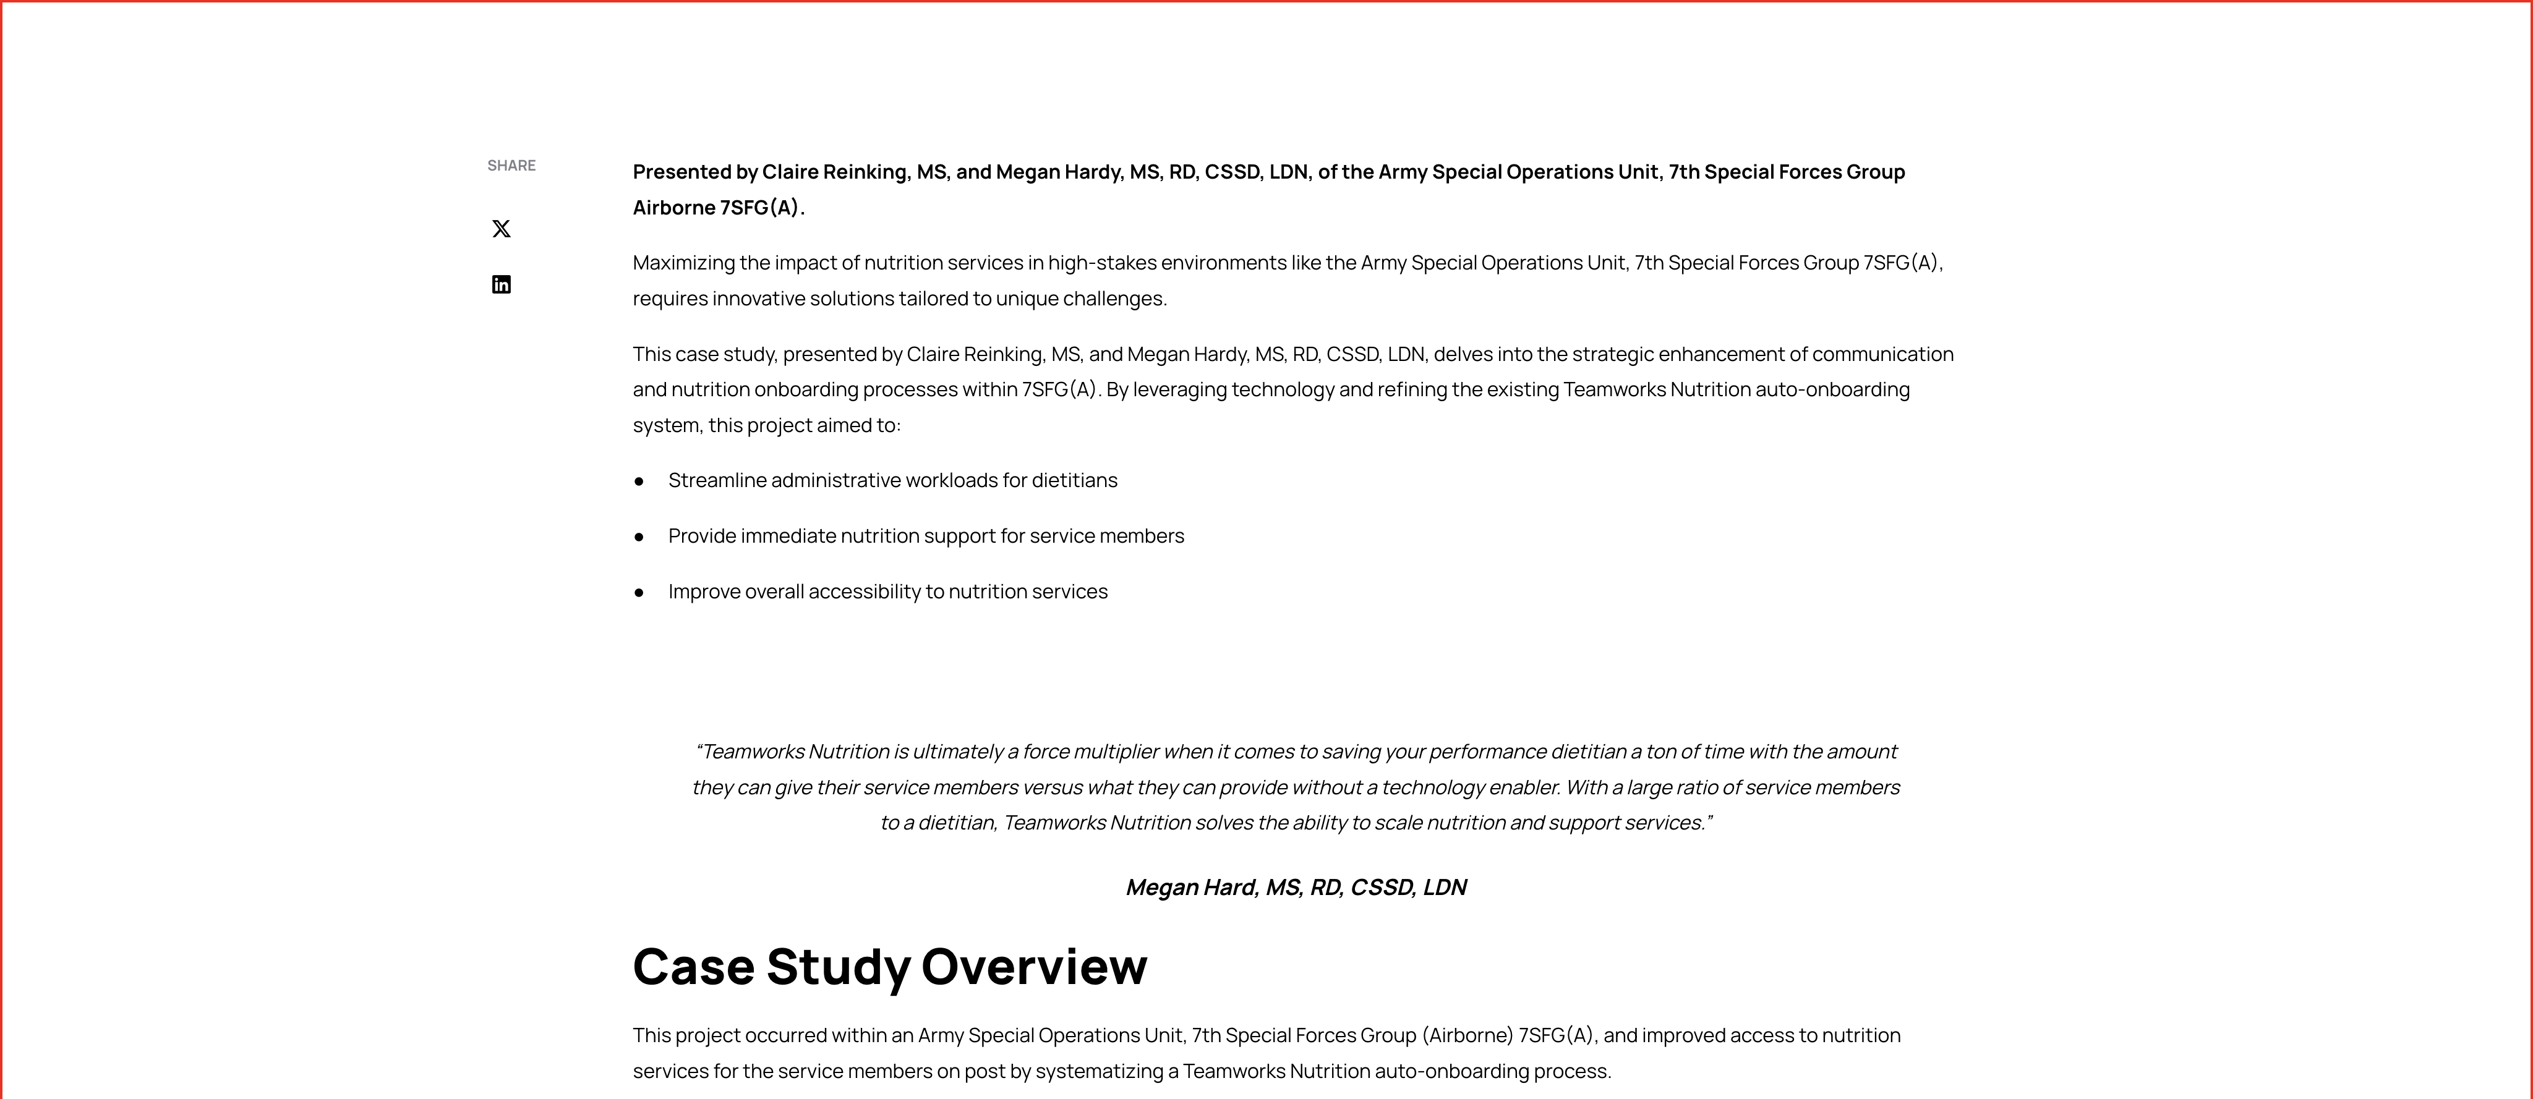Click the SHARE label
click(511, 165)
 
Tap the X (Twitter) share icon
click(502, 229)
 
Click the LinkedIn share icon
click(502, 285)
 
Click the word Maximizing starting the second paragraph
click(683, 263)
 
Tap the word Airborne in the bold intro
click(673, 208)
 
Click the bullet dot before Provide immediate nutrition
click(639, 537)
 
